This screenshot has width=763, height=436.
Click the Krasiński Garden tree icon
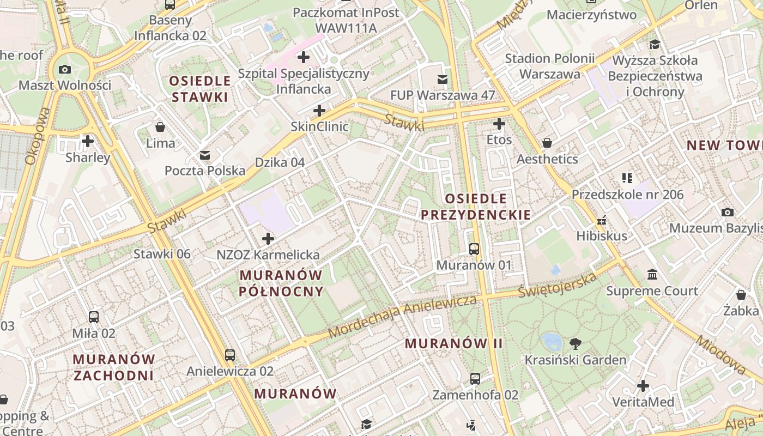point(575,343)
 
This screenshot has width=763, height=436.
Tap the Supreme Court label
point(652,290)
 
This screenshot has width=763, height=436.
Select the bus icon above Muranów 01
point(474,249)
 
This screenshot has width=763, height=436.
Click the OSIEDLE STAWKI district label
point(200,89)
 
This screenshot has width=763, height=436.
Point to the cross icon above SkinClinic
point(319,111)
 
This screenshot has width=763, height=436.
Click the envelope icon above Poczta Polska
point(205,155)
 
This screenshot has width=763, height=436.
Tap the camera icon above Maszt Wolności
point(65,69)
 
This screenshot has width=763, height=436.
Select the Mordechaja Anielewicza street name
point(403,316)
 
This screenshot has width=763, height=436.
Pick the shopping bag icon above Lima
point(160,127)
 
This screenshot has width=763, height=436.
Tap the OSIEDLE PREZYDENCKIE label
point(476,207)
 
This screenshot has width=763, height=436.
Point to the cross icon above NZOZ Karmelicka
point(268,239)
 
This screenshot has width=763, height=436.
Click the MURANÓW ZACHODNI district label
point(114,367)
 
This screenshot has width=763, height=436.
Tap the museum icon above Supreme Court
point(652,274)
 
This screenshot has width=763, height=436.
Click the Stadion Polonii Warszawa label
point(549,66)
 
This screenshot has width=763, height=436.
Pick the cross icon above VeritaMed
point(643,386)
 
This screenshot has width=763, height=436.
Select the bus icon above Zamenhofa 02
point(475,378)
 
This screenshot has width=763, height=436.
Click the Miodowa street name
point(720,355)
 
